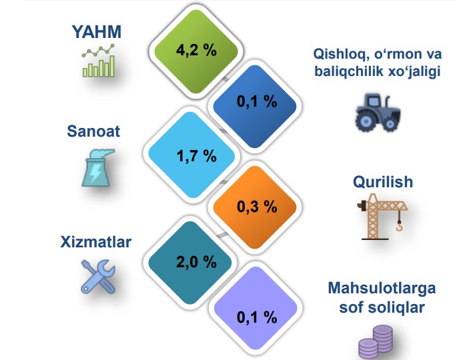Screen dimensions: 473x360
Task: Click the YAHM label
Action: click(97, 31)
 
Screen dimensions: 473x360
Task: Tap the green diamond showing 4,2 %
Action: click(196, 51)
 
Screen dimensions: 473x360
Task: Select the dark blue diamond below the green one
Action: click(255, 106)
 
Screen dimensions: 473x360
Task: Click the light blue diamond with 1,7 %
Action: click(191, 155)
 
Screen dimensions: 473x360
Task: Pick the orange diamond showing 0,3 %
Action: click(255, 207)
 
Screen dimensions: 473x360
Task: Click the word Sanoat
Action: click(93, 131)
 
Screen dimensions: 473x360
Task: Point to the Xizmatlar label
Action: click(96, 242)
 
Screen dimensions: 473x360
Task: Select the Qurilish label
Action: click(383, 182)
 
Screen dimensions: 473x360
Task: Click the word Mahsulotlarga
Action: click(382, 288)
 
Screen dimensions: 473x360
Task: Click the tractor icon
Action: click(378, 113)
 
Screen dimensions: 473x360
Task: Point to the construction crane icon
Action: click(382, 217)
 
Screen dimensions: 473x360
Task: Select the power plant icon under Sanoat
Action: click(97, 167)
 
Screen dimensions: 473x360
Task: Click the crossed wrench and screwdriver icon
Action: click(98, 277)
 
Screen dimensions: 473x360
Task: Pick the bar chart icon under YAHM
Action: click(99, 61)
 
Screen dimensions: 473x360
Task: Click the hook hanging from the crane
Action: click(400, 226)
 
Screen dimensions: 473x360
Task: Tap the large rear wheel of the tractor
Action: click(366, 121)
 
